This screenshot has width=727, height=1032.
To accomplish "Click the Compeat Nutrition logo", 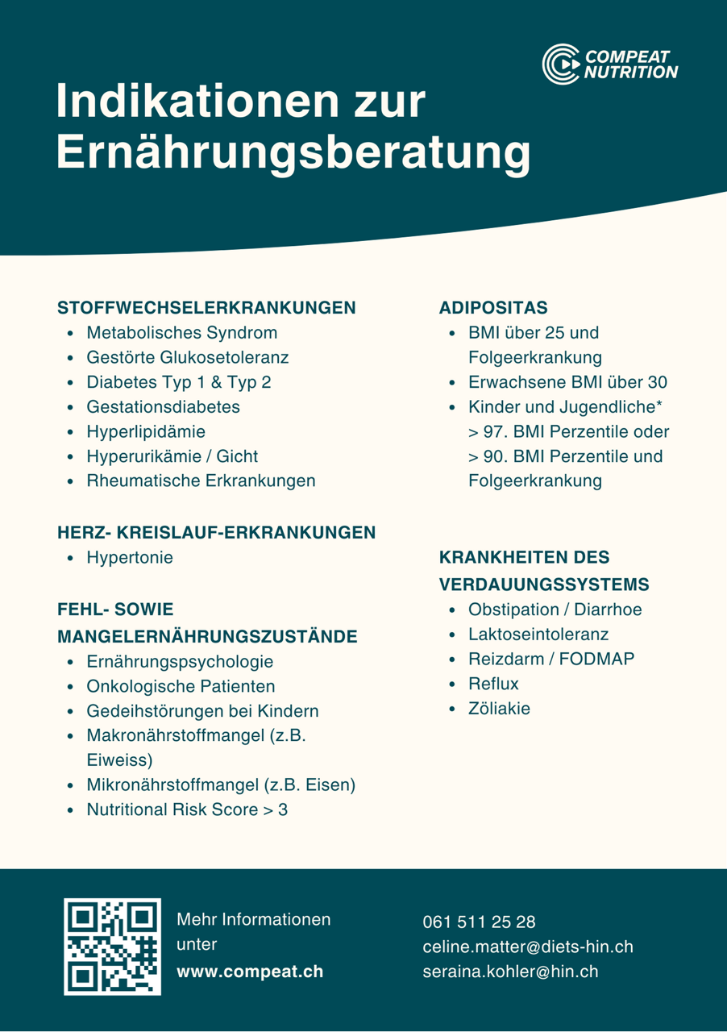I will coord(610,64).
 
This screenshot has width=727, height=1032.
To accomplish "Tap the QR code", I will coord(112,947).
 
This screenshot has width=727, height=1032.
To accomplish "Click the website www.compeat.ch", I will coord(250,972).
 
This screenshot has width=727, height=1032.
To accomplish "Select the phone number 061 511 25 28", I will coord(479,922).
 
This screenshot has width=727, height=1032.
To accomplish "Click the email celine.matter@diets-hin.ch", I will coord(528,947).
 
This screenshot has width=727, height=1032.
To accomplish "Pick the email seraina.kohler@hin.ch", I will coord(510,972).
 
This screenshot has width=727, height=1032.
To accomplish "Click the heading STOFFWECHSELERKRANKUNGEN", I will coord(207,308).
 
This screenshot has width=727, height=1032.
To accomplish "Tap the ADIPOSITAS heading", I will coord(493,308).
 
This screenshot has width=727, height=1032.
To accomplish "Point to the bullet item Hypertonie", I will coord(130,557).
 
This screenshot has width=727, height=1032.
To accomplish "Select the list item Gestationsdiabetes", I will coord(163,407).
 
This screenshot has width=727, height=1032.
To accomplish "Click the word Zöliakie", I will coord(499,709).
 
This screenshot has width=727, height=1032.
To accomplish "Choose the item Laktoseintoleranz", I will coord(538,635).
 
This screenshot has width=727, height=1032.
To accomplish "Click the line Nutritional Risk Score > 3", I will coord(187,809).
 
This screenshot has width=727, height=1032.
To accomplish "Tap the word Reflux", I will coord(493,684).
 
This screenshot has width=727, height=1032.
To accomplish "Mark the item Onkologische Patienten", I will coord(181,686).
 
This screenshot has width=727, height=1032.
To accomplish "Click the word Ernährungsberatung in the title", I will coord(293,153).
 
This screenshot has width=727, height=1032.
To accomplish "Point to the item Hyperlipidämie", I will coord(146,431).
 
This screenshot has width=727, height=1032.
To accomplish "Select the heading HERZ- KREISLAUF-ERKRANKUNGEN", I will coord(216,532).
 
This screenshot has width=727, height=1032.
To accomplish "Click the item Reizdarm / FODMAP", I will coord(551,659).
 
